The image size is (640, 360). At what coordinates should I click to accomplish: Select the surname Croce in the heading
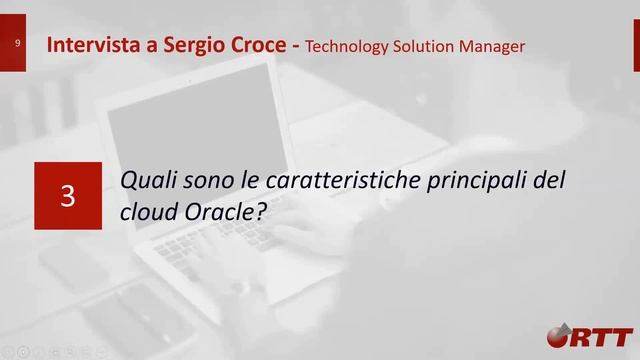tap(257, 45)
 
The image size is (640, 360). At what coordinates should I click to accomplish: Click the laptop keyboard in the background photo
tap(210, 240)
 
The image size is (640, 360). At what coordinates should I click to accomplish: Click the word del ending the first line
tap(552, 182)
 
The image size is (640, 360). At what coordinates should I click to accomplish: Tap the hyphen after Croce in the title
tap(296, 46)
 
